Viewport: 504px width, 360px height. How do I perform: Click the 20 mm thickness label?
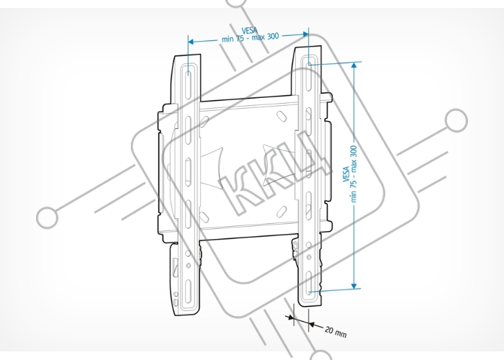pyautogui.click(x=336, y=332)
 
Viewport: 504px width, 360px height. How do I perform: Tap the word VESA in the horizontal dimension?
pyautogui.click(x=249, y=30)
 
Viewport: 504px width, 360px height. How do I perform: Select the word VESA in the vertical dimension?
pyautogui.click(x=346, y=174)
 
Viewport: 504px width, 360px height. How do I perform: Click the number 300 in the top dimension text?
pyautogui.click(x=272, y=36)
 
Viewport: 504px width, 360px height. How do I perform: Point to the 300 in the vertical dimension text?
pyautogui.click(x=354, y=152)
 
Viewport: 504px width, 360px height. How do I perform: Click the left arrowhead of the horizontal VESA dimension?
pyautogui.click(x=191, y=42)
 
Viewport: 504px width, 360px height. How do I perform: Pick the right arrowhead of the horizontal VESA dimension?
pyautogui.click(x=306, y=34)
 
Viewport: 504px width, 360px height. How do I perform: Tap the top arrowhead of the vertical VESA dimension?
pyautogui.click(x=354, y=65)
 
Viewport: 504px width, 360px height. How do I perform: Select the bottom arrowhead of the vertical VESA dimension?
pyautogui.click(x=354, y=286)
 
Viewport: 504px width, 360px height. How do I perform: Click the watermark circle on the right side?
pyautogui.click(x=456, y=120)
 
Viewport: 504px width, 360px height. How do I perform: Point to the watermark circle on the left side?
pyautogui.click(x=48, y=217)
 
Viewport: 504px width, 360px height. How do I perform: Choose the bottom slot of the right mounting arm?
pyautogui.click(x=309, y=283)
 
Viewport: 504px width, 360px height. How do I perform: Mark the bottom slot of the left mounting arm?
pyautogui.click(x=189, y=291)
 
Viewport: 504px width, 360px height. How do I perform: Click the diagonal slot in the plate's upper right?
pyautogui.click(x=282, y=116)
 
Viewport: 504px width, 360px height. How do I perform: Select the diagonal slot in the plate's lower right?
pyautogui.click(x=282, y=211)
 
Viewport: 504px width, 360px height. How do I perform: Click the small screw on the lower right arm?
pyautogui.click(x=309, y=257)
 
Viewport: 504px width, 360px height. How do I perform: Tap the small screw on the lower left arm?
pyautogui.click(x=189, y=266)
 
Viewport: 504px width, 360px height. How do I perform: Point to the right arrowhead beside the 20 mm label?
pyautogui.click(x=311, y=325)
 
